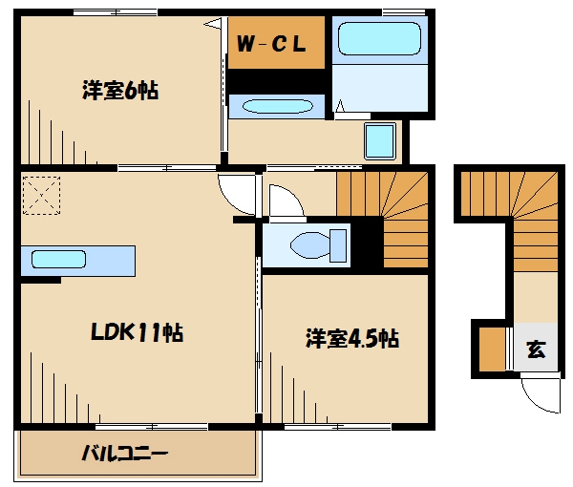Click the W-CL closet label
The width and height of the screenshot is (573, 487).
click(x=271, y=44)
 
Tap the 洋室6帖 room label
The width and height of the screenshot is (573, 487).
click(x=120, y=91)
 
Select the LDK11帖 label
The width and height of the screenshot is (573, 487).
click(x=137, y=332)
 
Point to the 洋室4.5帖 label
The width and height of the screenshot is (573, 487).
click(x=351, y=338)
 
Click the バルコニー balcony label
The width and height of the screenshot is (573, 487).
click(x=124, y=454)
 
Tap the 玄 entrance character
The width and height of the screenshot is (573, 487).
click(x=536, y=349)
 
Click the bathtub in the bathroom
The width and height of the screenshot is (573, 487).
click(x=379, y=39)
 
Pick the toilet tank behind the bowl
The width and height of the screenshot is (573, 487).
click(x=338, y=245)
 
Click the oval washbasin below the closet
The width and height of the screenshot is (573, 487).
click(x=277, y=106)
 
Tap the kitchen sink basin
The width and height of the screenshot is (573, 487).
click(x=58, y=259)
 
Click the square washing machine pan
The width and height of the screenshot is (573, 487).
click(x=380, y=141)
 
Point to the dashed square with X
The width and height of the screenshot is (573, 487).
click(x=41, y=196)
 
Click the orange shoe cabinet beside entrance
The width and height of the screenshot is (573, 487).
click(x=492, y=349)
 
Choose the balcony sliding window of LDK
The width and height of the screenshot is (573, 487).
click(x=152, y=426)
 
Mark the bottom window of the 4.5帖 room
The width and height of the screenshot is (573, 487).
click(x=338, y=426)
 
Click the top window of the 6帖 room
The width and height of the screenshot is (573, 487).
click(x=116, y=12)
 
